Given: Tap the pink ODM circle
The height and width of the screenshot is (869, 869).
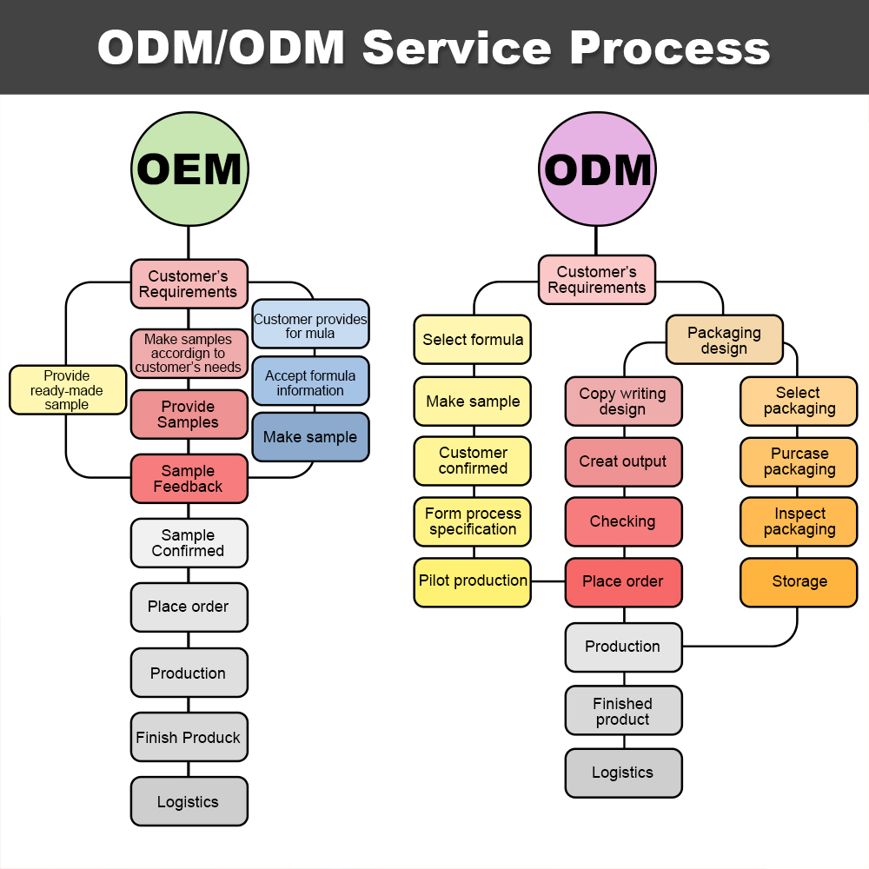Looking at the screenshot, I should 597,169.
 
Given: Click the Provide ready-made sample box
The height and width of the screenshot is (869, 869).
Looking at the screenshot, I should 67,390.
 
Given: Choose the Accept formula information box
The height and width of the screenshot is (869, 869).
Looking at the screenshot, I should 310,382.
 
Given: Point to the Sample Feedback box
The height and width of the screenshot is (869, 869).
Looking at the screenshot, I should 189,479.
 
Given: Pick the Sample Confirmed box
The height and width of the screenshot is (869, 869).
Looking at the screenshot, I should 189,543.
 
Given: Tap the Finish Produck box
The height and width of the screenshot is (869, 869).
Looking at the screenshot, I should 189,738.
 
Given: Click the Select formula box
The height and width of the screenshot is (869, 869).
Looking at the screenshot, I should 473,340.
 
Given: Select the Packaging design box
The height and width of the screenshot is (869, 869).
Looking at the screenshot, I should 724,340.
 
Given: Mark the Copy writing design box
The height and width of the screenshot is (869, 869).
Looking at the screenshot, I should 623,401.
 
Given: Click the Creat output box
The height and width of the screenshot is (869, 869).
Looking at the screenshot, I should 623,461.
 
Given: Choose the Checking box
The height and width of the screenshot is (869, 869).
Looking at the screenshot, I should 623,521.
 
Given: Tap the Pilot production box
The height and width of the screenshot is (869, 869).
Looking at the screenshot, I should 473,581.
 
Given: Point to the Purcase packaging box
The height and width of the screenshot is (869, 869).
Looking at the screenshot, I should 799,461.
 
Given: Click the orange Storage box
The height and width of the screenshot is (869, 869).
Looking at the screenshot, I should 799,582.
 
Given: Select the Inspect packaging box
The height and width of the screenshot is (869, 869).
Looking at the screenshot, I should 799,521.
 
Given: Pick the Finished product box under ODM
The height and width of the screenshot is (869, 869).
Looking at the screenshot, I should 623,711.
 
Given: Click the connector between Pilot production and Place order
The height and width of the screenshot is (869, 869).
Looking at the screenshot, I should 548,581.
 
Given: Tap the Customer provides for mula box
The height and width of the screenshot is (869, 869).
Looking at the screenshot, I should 310,325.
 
